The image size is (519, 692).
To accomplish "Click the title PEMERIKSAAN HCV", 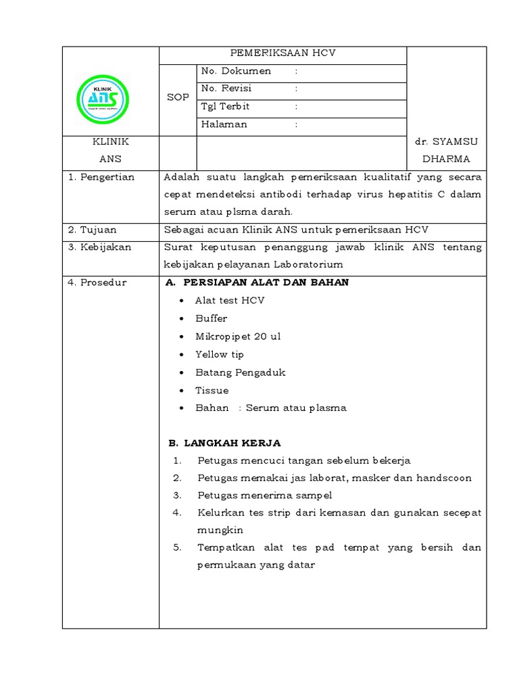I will [283, 53].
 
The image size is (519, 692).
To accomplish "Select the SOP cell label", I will [178, 97].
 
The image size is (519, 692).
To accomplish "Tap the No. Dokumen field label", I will [236, 71].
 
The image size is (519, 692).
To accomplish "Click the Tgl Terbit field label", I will [225, 106].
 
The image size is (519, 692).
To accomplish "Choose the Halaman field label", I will [224, 124].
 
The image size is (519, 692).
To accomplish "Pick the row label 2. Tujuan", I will [94, 230].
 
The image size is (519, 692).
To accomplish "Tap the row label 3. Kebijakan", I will [99, 247].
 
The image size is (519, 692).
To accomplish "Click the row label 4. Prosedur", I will [97, 282].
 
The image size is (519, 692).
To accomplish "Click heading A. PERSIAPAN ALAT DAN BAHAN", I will [257, 282].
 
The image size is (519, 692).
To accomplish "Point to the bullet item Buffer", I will [212, 318].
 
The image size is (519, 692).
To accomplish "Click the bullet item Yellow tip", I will [220, 354].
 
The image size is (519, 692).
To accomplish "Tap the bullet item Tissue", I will [212, 390].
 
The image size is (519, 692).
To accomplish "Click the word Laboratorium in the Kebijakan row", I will [303, 264].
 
